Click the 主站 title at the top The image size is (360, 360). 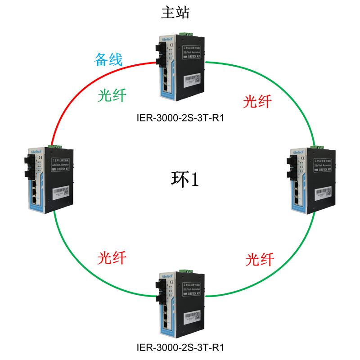pyautogui.click(x=175, y=12)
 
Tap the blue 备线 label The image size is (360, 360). pyautogui.click(x=108, y=59)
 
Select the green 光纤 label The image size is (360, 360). pyautogui.click(x=112, y=95)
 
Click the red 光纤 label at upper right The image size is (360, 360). pyautogui.click(x=257, y=102)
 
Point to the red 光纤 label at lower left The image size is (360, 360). pyautogui.click(x=112, y=258)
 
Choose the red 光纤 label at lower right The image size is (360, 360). pyautogui.click(x=260, y=259)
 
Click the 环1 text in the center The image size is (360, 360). pyautogui.click(x=185, y=179)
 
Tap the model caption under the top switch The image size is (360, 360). pyautogui.click(x=180, y=118)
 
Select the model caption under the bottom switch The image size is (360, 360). pyautogui.click(x=180, y=348)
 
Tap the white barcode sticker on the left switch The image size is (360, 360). pyautogui.click(x=61, y=192)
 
